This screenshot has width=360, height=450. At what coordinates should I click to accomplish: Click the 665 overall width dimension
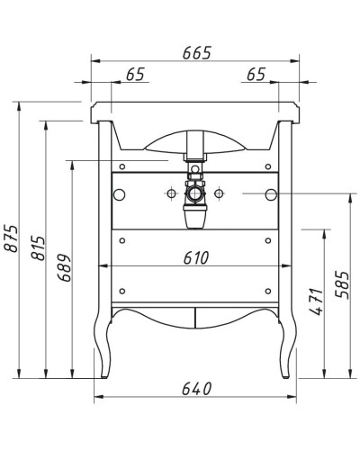click(195, 52)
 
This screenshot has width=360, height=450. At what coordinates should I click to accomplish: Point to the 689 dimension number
click(64, 266)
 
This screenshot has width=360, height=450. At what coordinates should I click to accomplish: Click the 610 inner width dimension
click(195, 257)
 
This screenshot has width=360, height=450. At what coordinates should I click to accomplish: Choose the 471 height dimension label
click(314, 301)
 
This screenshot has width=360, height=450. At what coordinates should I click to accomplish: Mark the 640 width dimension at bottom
click(195, 389)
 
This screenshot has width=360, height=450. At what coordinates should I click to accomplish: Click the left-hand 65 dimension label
click(135, 75)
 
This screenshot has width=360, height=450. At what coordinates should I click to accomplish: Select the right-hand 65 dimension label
click(255, 75)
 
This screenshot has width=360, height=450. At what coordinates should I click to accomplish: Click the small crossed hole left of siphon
click(170, 193)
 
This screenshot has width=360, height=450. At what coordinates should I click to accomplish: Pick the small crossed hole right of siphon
click(219, 193)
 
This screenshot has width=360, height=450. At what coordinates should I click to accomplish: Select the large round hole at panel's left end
click(120, 194)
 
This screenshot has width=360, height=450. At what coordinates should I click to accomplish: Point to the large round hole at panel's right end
click(269, 194)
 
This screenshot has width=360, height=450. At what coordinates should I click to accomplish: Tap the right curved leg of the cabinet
click(287, 346)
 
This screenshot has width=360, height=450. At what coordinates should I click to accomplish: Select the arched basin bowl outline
click(194, 144)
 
